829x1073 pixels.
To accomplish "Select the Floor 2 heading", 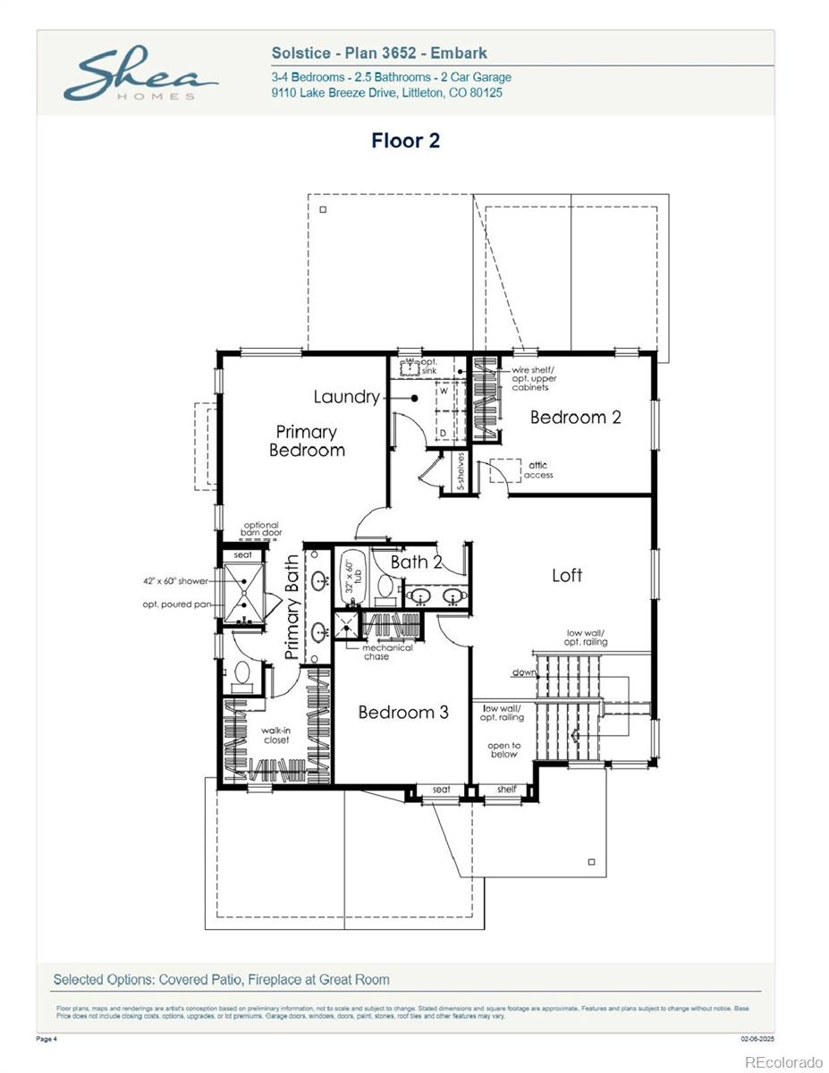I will point(405,140).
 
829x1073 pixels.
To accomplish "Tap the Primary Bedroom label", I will point(307,441).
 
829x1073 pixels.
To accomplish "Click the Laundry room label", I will point(346,397).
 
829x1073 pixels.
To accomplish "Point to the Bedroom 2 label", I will point(575,417).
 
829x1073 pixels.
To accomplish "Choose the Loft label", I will point(567,575).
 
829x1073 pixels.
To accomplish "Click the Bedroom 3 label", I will point(403,712).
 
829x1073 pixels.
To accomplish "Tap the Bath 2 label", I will point(417,562).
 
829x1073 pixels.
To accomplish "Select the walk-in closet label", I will point(275,735).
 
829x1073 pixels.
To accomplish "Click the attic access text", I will point(538,470).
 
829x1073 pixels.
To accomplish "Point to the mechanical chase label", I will point(387,652).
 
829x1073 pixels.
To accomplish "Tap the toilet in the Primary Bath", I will point(241,676).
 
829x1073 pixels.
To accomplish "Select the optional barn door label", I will point(261,528).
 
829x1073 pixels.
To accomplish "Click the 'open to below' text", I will point(503,749).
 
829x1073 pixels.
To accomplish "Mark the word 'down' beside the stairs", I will point(524,672).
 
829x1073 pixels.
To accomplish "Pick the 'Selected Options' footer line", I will point(221,979).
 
